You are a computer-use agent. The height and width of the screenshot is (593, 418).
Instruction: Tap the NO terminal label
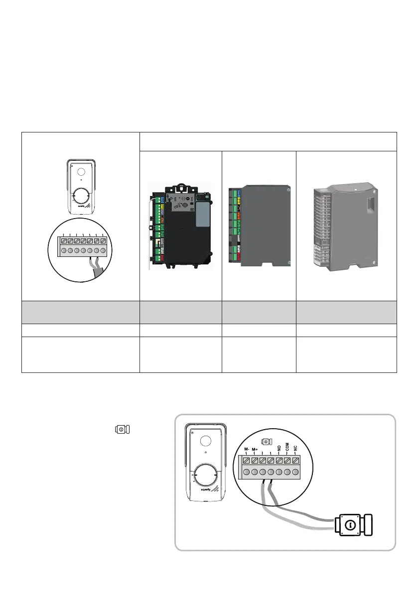279,447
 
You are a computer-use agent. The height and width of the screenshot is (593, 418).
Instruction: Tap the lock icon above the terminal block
266,441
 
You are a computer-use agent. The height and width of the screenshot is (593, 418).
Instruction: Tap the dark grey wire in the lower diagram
299,508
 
